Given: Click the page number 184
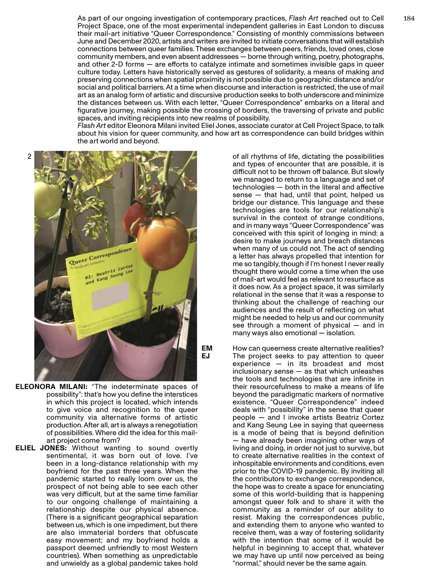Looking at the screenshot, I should pyautogui.click(x=409, y=19).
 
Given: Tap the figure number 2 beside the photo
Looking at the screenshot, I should pyautogui.click(x=29, y=157).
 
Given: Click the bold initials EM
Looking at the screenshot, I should pyautogui.click(x=207, y=348).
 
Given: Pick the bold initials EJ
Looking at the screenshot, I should pyautogui.click(x=206, y=356).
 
